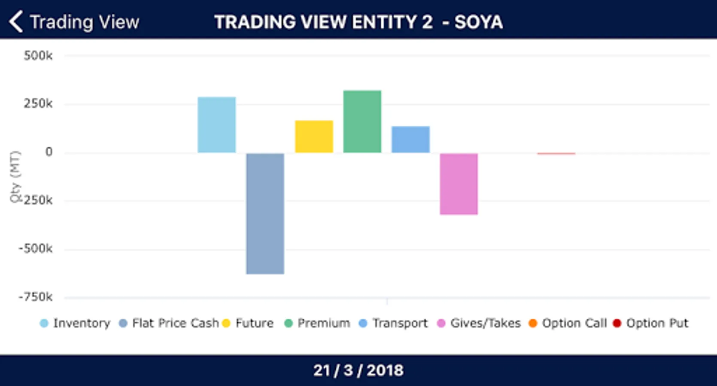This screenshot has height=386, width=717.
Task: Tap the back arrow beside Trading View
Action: [x=16, y=22]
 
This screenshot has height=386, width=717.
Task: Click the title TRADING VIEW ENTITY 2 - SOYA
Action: [x=358, y=22]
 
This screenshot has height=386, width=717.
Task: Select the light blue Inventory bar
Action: [x=216, y=125]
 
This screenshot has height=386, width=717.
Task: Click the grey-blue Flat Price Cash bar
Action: [x=265, y=213]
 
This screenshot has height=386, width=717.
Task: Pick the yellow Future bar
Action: [x=314, y=136]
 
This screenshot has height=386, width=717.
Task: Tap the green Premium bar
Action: [x=362, y=121]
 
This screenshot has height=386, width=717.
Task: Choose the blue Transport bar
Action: [x=410, y=139]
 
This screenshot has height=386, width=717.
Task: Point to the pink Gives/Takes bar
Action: [x=459, y=184]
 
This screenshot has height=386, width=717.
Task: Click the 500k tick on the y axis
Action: [x=38, y=56]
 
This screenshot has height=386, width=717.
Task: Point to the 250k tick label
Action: [x=38, y=104]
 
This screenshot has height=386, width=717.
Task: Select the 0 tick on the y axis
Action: [x=49, y=152]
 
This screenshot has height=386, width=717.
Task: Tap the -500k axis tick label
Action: [x=36, y=249]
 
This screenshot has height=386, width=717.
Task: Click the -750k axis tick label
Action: [x=36, y=297]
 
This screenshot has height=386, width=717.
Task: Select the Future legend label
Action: [x=254, y=323]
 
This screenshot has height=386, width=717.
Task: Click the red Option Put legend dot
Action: [x=617, y=323]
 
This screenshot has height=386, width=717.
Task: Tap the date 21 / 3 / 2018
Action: [x=358, y=370]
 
